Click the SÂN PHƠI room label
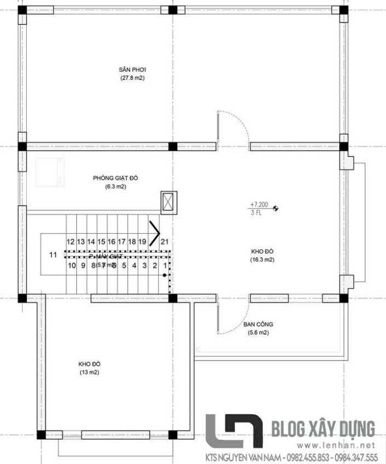pos(133,70)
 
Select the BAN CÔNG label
pos(258,324)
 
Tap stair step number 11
pos(53,254)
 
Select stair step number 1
pos(164,266)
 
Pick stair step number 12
pos(71,241)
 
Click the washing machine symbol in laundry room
pos(50,172)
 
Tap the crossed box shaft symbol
pos(168,202)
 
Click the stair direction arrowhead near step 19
pos(157,232)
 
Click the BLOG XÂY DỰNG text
pos(323,427)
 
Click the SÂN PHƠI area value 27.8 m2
pos(133,78)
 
